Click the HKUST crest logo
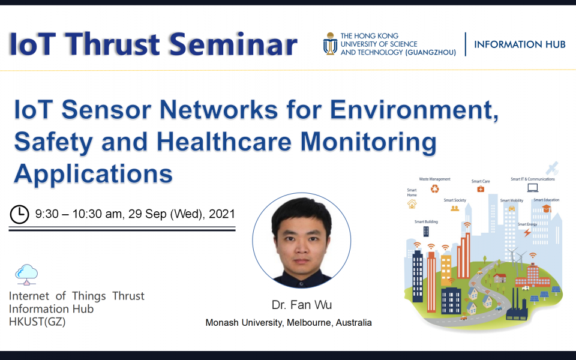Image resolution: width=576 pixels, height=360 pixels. tap(329, 44)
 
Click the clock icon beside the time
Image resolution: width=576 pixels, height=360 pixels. tap(20, 214)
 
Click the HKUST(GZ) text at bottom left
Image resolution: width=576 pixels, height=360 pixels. tap(37, 322)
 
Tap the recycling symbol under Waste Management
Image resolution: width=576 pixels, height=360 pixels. tap(434, 189)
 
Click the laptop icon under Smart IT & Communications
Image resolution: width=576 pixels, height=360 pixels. tap(532, 188)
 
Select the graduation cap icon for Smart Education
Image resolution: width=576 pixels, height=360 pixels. tap(546, 209)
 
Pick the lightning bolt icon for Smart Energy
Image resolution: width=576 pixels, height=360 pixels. tap(527, 232)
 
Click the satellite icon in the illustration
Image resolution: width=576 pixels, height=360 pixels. tap(552, 167)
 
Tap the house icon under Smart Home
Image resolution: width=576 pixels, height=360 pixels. tap(412, 204)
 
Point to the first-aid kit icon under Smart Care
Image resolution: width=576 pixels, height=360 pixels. tap(481, 189)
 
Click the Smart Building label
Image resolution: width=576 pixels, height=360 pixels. tap(426, 221)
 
